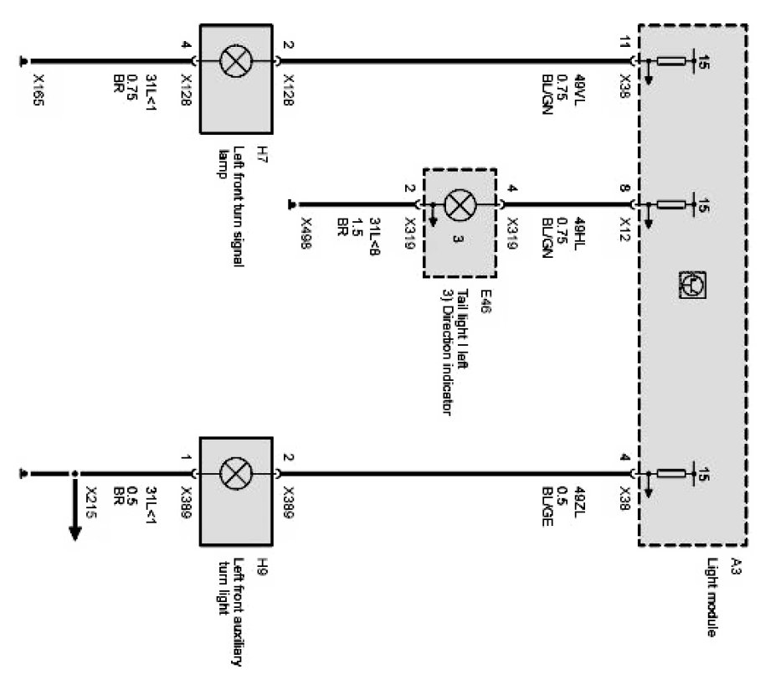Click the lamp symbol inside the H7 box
(x=232, y=60)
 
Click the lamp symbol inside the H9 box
(x=232, y=474)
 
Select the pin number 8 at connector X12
(x=624, y=189)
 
